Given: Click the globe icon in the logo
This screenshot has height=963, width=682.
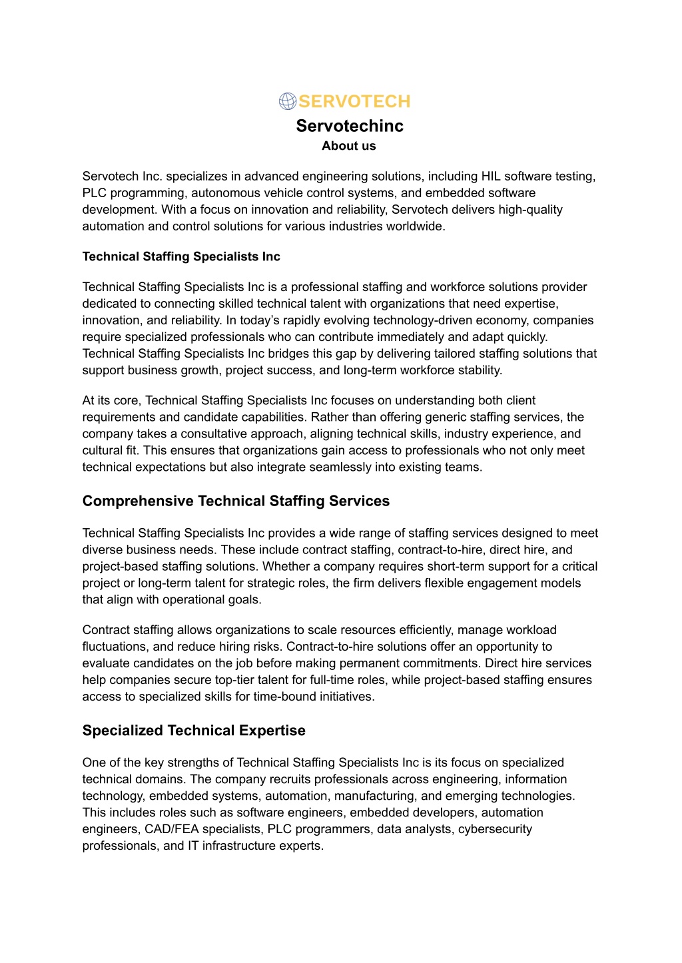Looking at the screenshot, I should click(287, 101).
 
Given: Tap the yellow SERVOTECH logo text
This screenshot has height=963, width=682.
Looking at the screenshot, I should click(354, 101).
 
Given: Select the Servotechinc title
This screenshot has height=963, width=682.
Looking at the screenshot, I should click(350, 126).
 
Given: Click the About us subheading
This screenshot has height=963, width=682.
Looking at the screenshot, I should click(349, 146).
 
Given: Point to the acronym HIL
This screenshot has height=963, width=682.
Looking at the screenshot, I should click(490, 176).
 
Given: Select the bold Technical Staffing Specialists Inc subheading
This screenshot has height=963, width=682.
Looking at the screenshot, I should click(181, 256).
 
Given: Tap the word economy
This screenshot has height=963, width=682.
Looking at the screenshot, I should click(506, 320).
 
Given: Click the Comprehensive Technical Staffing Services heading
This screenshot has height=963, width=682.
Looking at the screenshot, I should click(236, 501).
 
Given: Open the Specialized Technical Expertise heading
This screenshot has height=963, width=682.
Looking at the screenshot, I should click(194, 731).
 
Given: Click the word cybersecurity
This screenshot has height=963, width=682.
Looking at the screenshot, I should click(495, 829).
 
